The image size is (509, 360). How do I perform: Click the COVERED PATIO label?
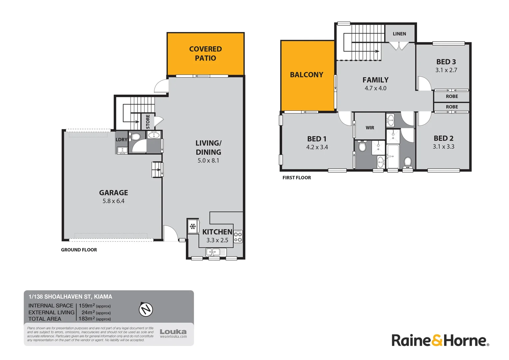(x=206, y=53)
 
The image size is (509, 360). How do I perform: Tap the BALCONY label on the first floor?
(x=306, y=75)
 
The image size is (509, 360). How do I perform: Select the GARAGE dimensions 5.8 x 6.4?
(x=114, y=201)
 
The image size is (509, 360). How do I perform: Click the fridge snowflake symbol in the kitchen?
(x=193, y=227)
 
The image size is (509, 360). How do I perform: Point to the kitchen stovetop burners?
(x=238, y=236)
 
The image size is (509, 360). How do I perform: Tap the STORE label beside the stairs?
(x=148, y=122)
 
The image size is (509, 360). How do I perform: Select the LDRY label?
(x=121, y=140)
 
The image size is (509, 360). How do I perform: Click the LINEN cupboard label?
(x=399, y=34)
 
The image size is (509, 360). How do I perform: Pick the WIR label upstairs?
(x=370, y=128)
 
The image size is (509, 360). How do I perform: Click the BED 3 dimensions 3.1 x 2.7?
(x=446, y=70)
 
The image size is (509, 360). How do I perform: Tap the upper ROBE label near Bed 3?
(x=452, y=96)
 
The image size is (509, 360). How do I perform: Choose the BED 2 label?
(x=443, y=138)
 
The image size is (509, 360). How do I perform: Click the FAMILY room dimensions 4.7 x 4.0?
(x=375, y=88)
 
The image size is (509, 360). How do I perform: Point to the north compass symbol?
(x=146, y=309)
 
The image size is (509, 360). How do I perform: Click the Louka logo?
(x=173, y=332)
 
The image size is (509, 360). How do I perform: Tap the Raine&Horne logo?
(x=440, y=340)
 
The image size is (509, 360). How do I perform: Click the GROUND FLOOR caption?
(x=79, y=250)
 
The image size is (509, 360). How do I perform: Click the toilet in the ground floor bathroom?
(x=135, y=137)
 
